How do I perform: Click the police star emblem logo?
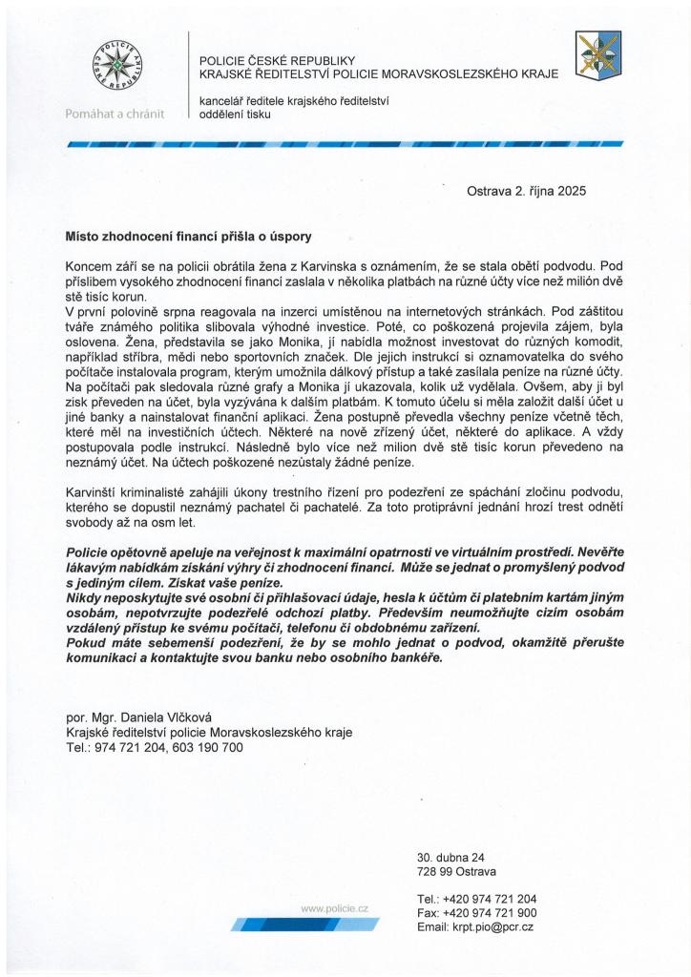pos(114,67)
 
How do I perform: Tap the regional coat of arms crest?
pos(598,54)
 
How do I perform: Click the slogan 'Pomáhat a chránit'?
pos(114,114)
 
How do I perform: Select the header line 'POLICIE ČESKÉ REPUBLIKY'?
pos(277,61)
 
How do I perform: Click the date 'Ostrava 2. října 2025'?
pos(526,191)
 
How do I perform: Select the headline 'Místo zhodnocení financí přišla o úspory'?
pos(188,235)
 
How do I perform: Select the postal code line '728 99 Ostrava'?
pos(456,871)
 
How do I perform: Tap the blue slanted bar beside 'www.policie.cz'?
pos(304,924)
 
